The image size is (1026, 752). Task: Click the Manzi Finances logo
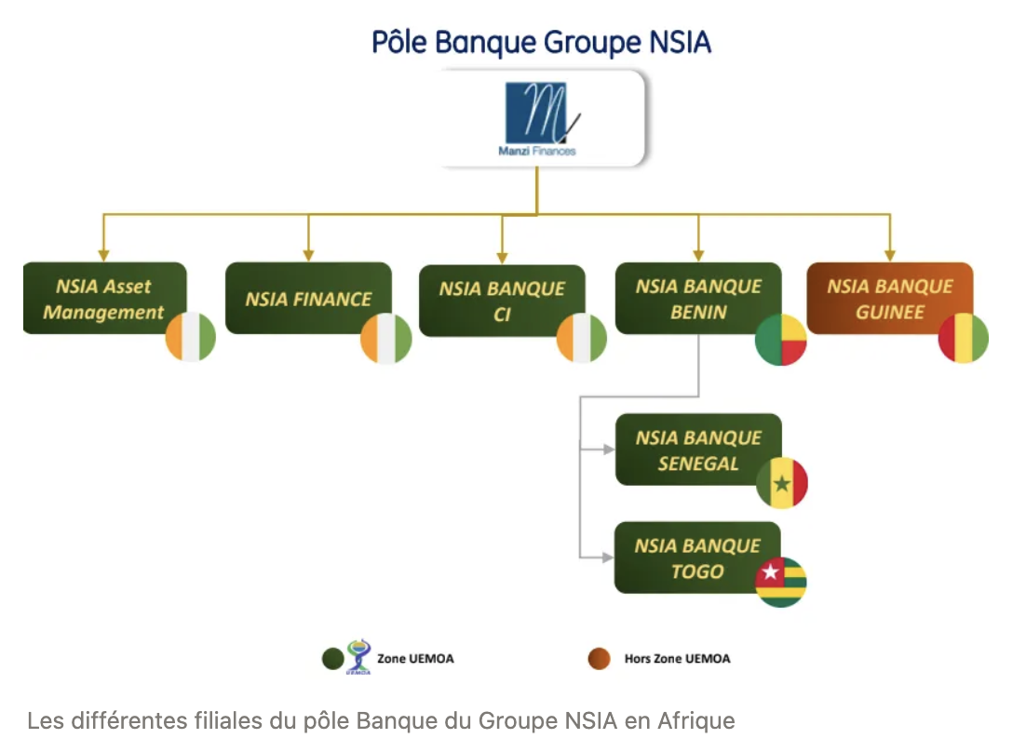pos(540,119)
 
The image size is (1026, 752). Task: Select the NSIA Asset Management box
pos(103,298)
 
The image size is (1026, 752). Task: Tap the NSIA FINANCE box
pos(308,298)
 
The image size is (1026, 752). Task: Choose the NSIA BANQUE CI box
pos(502,301)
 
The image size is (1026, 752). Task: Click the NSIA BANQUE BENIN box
pos(697,298)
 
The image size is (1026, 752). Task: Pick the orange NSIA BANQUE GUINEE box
pos(889,298)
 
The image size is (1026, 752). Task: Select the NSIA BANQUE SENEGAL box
pos(697,450)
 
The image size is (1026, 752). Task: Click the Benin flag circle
pos(780,340)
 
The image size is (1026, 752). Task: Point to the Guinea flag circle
pos(964,338)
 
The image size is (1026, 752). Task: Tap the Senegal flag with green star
pos(782,484)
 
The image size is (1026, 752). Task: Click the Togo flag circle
pos(780,583)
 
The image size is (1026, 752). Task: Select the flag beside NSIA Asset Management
pos(191,337)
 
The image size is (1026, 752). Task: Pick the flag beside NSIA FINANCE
pos(386,338)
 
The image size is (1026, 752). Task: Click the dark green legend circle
pos(332,659)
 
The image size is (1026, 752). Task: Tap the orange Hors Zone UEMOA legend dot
pos(600,659)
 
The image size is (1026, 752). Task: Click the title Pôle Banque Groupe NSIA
pos(541,43)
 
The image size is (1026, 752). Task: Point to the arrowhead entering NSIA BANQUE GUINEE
pos(889,255)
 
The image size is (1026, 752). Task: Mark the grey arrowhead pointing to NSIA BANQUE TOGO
pos(609,557)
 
